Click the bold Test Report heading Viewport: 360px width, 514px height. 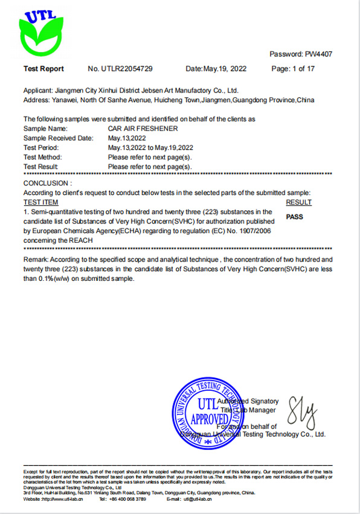point(43,69)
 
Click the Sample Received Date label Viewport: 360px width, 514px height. point(58,138)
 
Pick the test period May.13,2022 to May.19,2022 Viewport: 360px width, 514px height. point(150,147)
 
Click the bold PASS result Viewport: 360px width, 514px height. point(294,217)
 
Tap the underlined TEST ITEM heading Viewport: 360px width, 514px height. point(40,202)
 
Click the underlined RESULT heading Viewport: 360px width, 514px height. point(299,202)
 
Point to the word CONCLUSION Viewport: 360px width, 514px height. point(47,182)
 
